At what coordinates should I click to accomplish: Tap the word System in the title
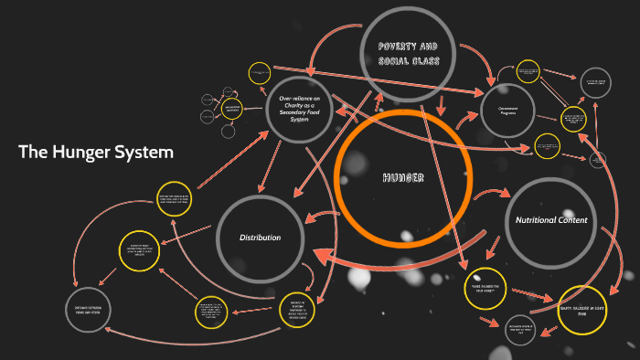144,152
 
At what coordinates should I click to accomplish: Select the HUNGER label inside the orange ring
402,177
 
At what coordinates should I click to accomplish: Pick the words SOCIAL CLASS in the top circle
409,60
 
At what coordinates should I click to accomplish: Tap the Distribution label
260,238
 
